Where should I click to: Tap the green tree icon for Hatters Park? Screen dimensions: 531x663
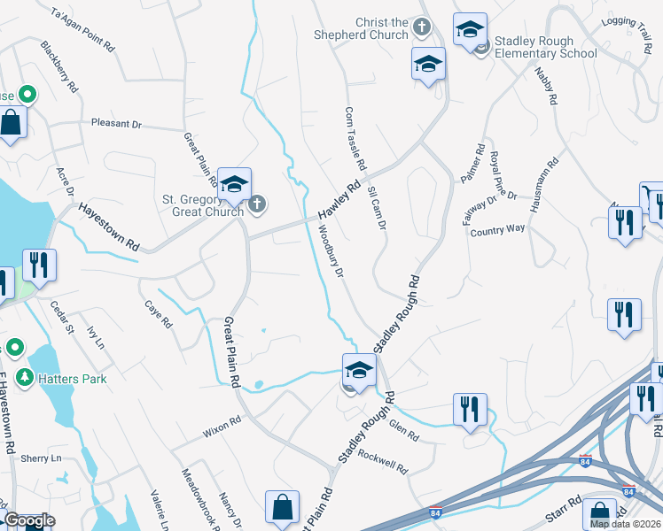(x=24, y=378)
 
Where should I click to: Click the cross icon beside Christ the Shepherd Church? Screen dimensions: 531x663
(x=422, y=28)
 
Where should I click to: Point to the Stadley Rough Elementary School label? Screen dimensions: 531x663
(x=546, y=47)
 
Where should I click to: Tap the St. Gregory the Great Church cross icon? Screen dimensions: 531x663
(x=257, y=205)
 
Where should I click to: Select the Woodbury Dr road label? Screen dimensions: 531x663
(x=330, y=251)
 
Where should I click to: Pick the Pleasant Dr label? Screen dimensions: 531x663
(x=116, y=125)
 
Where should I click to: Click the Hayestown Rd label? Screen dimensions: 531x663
(x=109, y=226)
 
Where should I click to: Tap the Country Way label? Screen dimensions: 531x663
(x=497, y=228)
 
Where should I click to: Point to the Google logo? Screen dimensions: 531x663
(x=28, y=520)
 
